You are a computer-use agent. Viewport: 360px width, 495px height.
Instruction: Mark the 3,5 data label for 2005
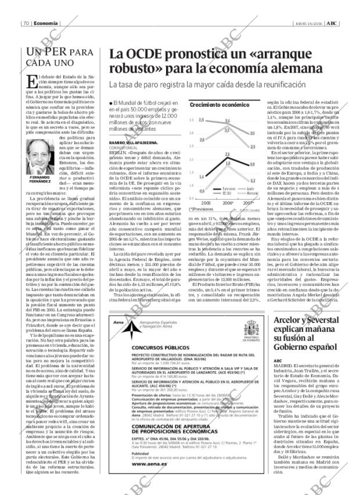201,120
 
